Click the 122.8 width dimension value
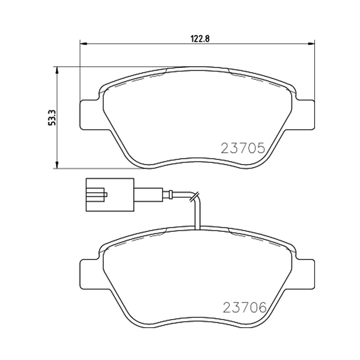(x=200, y=39)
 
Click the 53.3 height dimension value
(x=52, y=117)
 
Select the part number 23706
(x=245, y=307)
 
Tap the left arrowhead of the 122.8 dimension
(x=83, y=43)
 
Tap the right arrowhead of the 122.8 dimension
(x=311, y=43)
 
